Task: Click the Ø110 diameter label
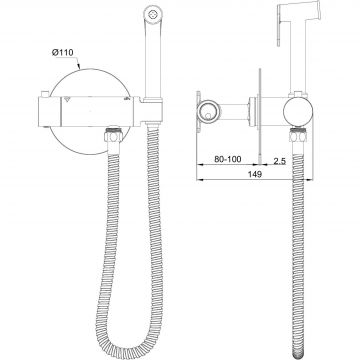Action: click(63, 53)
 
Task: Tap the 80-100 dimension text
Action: click(228, 159)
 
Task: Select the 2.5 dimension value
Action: click(279, 161)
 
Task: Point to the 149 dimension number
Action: click(255, 174)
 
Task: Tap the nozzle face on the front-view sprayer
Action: click(153, 14)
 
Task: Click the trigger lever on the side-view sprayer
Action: click(280, 31)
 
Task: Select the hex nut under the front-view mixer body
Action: click(113, 135)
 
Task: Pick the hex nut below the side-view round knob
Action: click(298, 135)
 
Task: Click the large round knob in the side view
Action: click(298, 111)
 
